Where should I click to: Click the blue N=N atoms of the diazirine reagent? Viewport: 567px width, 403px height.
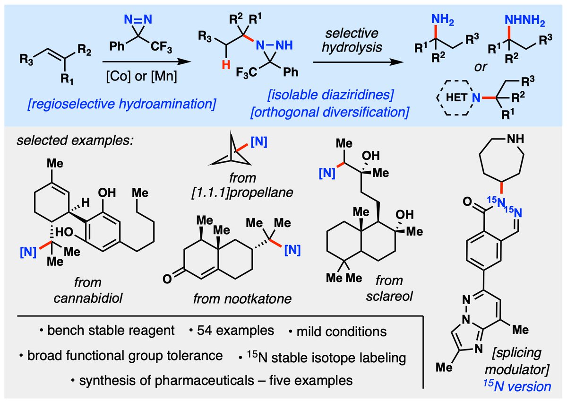tap(138, 19)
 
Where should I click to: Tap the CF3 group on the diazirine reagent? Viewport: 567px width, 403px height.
tap(161, 47)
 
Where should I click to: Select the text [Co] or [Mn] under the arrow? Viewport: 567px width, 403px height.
tap(141, 76)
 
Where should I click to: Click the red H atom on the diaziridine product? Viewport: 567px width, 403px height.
tap(226, 65)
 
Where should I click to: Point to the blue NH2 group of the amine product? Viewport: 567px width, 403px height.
tap(442, 19)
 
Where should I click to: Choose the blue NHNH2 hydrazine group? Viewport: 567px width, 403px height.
tap(525, 20)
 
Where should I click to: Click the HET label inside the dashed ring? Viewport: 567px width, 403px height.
tap(456, 97)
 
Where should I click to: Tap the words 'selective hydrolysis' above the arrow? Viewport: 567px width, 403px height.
tap(352, 40)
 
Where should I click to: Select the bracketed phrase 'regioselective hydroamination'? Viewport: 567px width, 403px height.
tap(122, 104)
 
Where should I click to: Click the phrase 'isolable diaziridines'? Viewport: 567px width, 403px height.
tap(331, 95)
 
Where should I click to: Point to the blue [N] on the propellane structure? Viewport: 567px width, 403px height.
tap(259, 142)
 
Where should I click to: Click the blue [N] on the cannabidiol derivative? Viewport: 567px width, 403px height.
tap(28, 252)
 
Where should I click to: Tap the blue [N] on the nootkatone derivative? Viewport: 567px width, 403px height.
tap(292, 250)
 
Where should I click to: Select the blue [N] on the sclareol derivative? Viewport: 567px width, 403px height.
tap(327, 173)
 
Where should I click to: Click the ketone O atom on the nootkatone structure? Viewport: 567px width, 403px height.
tap(167, 279)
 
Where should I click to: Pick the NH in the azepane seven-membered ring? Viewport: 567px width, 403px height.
tap(515, 139)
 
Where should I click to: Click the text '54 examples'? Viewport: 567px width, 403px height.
tap(235, 330)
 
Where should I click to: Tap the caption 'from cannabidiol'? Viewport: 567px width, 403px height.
tap(88, 290)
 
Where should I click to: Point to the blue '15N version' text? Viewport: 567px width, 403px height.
tap(517, 386)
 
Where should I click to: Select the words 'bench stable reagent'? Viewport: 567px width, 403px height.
tap(111, 330)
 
